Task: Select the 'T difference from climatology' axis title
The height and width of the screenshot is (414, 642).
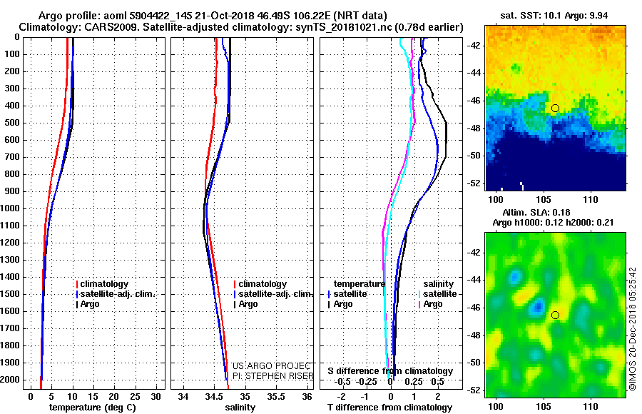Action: (389, 408)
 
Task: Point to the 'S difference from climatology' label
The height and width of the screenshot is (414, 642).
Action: (389, 371)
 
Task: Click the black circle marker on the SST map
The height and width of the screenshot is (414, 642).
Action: (555, 108)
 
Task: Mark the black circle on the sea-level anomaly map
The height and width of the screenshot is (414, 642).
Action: (555, 315)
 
